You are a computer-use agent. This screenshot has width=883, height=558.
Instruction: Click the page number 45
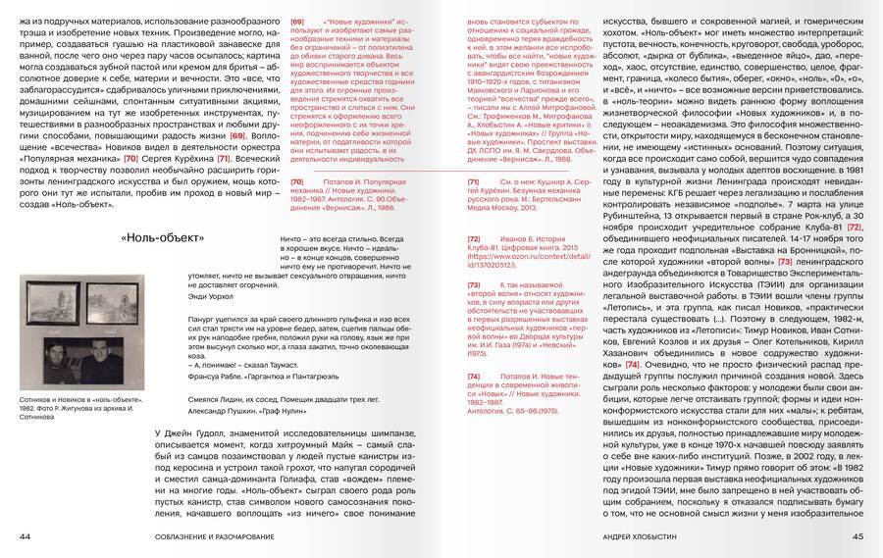click(857, 535)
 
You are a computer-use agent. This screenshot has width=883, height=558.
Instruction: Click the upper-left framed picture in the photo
click(55, 298)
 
